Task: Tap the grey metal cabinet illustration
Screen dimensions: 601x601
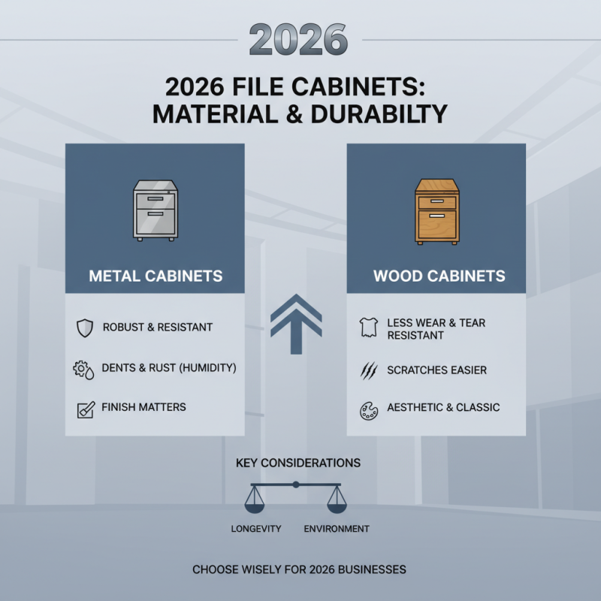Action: [x=155, y=211]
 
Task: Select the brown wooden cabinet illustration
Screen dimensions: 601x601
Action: [x=436, y=211]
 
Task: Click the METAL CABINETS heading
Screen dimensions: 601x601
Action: [x=156, y=276]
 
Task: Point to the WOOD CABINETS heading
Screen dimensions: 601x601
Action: [x=439, y=276]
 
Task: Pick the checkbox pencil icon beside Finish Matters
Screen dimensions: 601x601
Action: [x=85, y=409]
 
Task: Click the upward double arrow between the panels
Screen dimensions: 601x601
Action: [x=296, y=323]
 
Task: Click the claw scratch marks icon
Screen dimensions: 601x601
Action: [x=368, y=370]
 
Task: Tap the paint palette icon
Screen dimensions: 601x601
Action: [x=368, y=409]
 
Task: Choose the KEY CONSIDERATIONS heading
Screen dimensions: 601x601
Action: [x=298, y=463]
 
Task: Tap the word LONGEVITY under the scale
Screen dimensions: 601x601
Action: [x=256, y=529]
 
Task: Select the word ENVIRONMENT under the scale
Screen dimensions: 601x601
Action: [x=337, y=529]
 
